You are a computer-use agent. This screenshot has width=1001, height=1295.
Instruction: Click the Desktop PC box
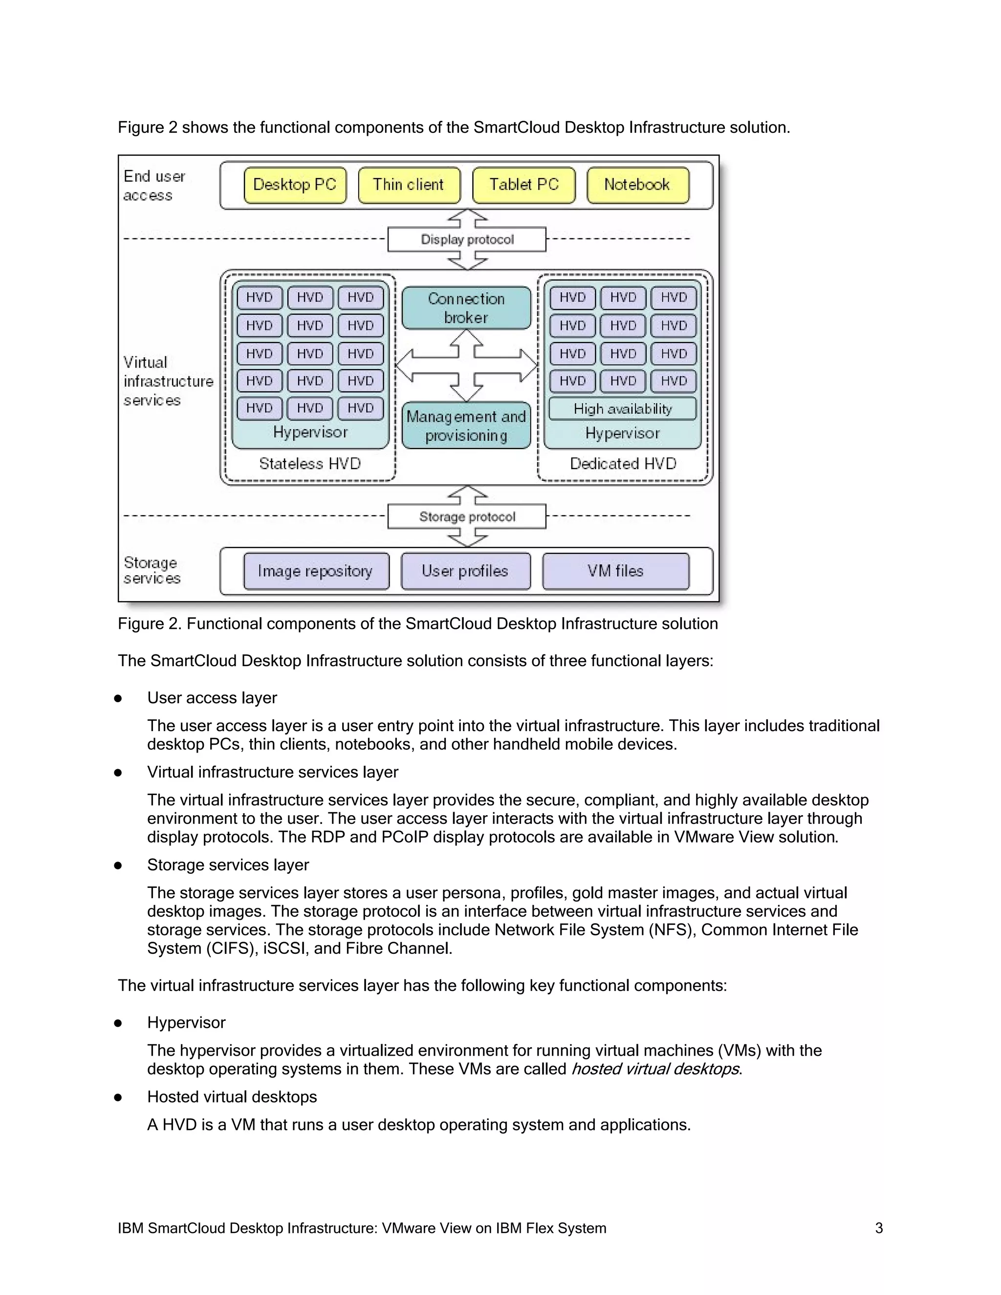[295, 185]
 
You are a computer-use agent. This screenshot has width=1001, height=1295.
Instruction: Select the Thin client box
[409, 185]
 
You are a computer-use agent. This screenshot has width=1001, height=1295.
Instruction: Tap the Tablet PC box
[523, 185]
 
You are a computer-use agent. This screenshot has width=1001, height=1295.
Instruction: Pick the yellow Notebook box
[637, 185]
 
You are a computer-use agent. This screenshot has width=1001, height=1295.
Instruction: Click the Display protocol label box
[467, 239]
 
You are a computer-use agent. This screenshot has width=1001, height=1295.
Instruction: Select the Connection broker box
[466, 308]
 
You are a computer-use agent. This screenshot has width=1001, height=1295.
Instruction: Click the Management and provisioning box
[466, 426]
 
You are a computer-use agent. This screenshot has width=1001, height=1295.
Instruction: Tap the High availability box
[622, 409]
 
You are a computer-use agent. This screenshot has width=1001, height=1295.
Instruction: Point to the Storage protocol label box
[467, 517]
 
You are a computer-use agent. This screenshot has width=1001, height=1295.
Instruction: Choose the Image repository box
[315, 571]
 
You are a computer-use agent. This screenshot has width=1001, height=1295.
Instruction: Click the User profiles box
[465, 571]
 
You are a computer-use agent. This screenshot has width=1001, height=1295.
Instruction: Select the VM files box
[615, 571]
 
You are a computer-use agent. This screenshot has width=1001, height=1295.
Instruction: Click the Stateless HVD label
[309, 464]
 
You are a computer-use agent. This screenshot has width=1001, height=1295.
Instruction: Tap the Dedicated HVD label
[623, 464]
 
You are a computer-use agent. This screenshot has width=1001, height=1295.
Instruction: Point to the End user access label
[153, 186]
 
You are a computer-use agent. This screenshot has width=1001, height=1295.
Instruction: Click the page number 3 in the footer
[879, 1228]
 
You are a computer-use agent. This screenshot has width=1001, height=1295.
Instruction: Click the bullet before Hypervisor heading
[118, 1023]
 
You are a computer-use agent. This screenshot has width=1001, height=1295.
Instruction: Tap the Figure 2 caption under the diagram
[417, 624]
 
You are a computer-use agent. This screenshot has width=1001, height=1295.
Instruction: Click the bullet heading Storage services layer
[228, 865]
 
